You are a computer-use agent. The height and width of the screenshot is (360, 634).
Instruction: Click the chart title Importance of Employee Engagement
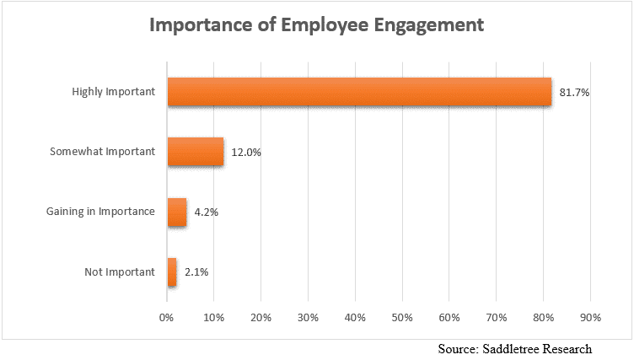click(316, 24)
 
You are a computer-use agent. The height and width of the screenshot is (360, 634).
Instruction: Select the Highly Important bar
click(359, 92)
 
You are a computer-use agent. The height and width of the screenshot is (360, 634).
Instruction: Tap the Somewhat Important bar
click(196, 152)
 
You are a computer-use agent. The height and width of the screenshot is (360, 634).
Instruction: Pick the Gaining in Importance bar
click(177, 212)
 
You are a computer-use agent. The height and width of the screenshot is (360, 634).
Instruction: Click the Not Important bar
click(172, 271)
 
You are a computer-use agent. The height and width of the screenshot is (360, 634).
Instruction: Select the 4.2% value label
click(206, 212)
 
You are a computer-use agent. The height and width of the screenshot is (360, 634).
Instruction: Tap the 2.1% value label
click(196, 271)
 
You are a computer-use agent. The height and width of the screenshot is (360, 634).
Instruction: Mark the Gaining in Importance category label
click(100, 212)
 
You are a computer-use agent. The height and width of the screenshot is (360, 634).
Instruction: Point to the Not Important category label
click(120, 271)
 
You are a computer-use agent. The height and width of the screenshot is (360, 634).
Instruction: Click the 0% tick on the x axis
click(167, 318)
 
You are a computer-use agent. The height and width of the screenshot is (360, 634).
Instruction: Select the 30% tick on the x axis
click(308, 318)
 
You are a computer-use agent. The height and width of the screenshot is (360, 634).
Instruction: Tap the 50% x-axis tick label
click(402, 318)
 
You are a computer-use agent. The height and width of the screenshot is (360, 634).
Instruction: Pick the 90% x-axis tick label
click(590, 318)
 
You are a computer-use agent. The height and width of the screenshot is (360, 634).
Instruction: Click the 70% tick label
click(496, 318)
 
